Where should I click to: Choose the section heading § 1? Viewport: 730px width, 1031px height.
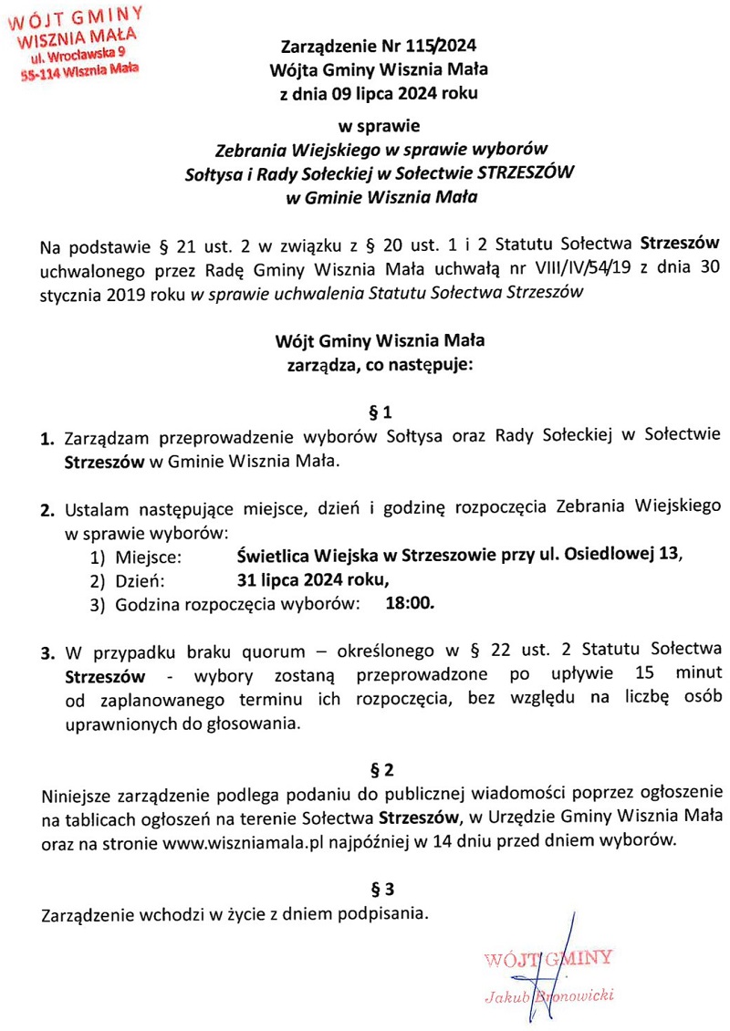point(379,411)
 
